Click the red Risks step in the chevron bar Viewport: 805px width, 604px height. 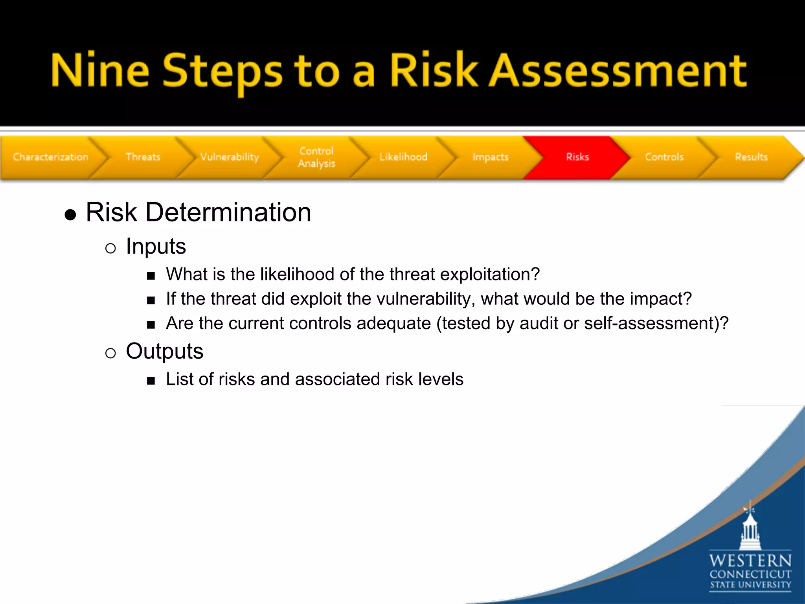(x=577, y=157)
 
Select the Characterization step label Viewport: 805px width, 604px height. (x=51, y=157)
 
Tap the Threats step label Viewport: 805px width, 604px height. (x=143, y=157)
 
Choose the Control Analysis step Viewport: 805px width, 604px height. (x=316, y=157)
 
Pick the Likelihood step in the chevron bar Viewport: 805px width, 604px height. (x=403, y=157)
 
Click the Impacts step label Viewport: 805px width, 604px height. (x=491, y=157)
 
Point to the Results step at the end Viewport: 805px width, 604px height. (x=751, y=157)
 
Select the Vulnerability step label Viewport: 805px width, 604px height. (x=230, y=157)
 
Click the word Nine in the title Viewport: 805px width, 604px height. (x=100, y=71)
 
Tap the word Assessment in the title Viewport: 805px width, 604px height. (x=617, y=71)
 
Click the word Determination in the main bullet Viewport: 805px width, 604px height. (x=228, y=212)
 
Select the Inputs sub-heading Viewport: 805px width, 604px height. (x=156, y=247)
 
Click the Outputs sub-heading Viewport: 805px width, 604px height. (x=164, y=351)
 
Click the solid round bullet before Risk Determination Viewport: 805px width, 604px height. (x=70, y=215)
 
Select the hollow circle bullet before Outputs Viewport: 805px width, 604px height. (x=110, y=353)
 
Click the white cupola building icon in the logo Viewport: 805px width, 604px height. (x=750, y=529)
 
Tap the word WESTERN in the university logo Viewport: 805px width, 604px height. (x=750, y=560)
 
